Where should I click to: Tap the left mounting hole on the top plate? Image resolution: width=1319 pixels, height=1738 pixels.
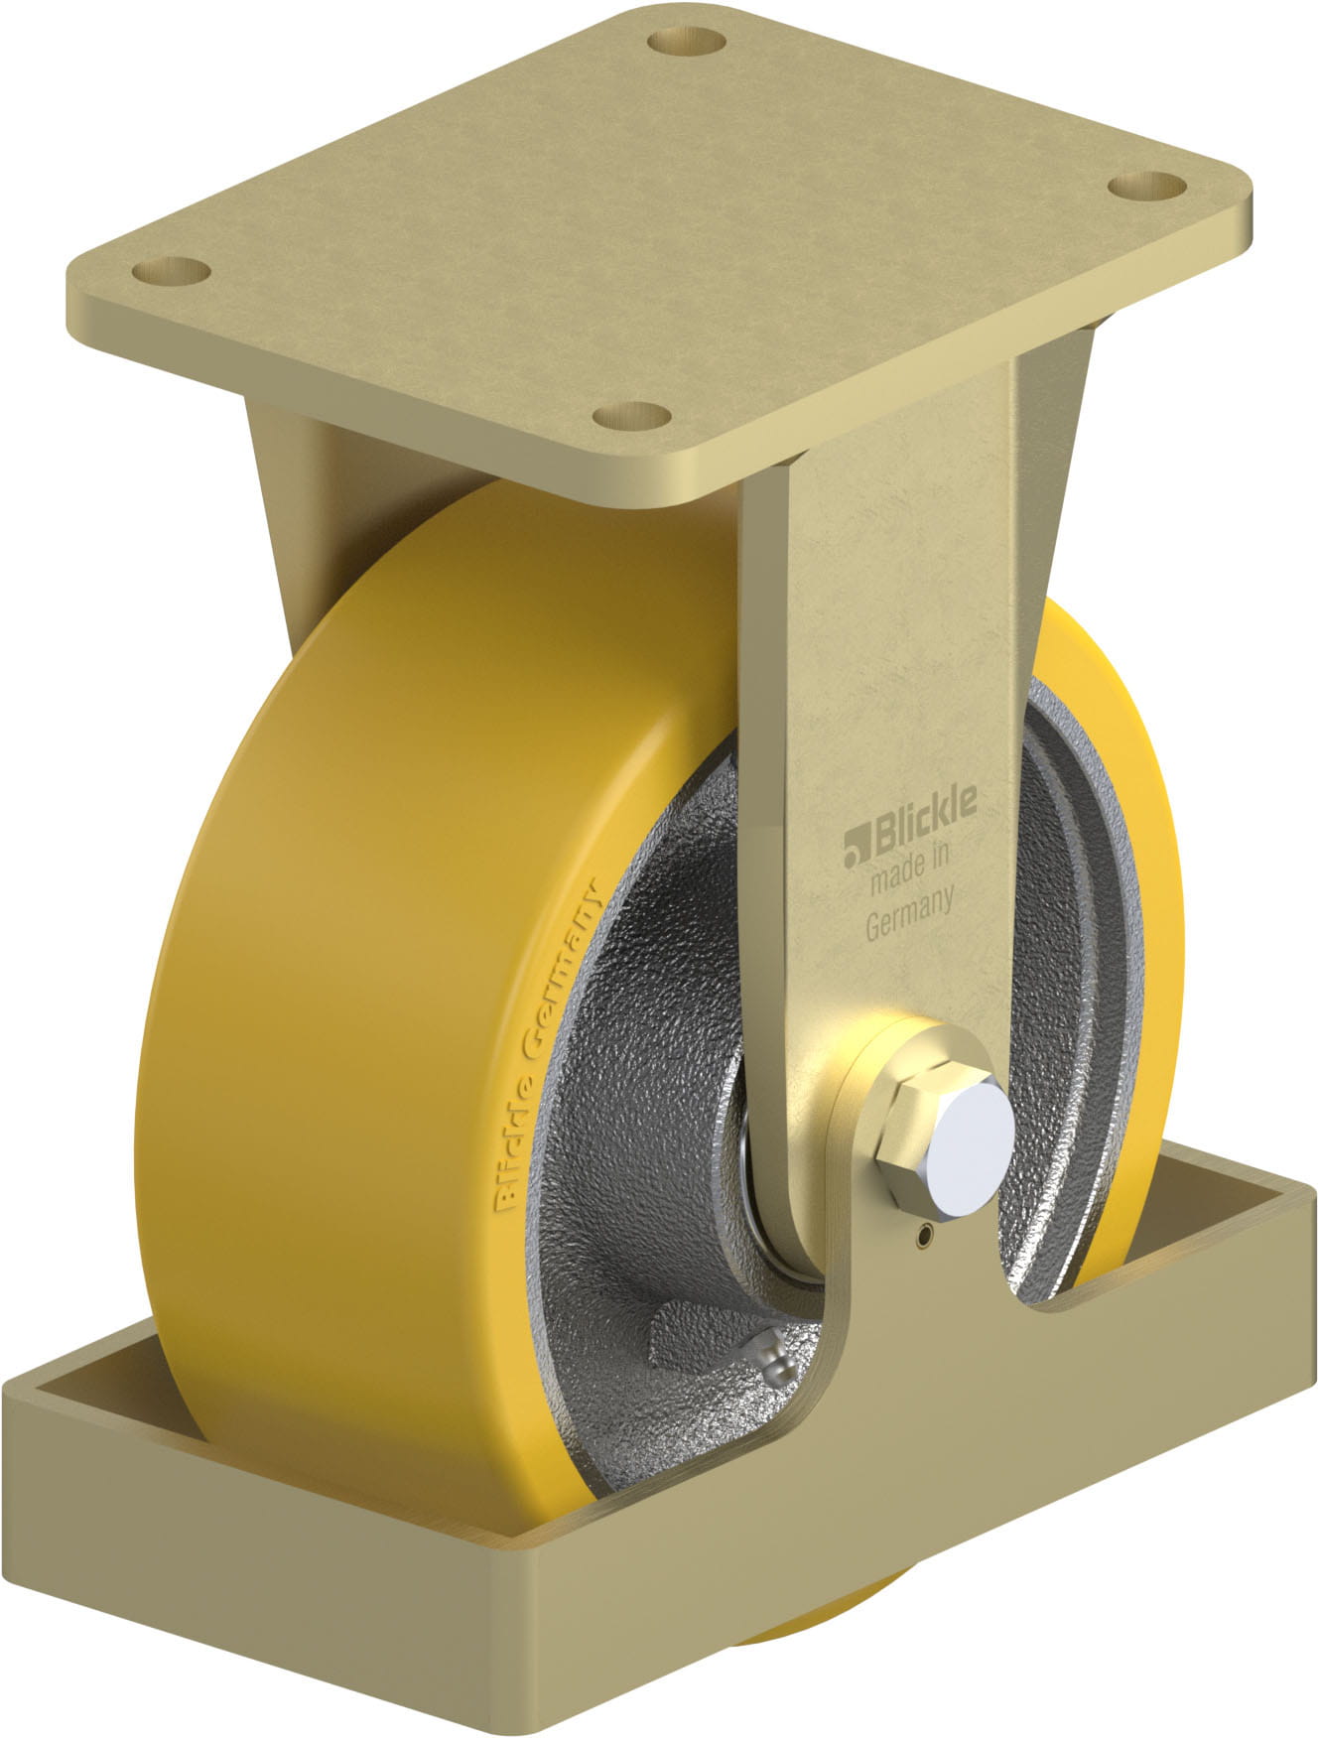point(168,269)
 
